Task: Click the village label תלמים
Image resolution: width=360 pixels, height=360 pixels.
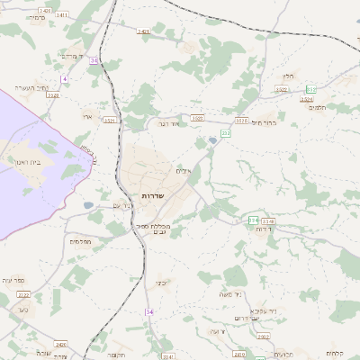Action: tap(317, 107)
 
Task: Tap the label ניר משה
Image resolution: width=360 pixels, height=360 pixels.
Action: tap(226, 293)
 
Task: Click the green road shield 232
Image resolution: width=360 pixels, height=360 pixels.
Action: tap(226, 133)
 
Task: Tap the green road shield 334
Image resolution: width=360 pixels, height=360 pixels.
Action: tap(254, 220)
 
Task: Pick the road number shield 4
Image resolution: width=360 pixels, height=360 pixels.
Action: tap(65, 79)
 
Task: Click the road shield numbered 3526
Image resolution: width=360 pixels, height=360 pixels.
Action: tap(308, 100)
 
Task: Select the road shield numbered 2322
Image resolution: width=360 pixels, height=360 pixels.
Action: tap(23, 294)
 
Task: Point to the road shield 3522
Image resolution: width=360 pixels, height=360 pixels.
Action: tap(281, 90)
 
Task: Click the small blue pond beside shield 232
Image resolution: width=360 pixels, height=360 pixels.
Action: tap(212, 139)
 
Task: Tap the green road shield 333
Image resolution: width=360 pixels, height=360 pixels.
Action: tap(311, 88)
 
